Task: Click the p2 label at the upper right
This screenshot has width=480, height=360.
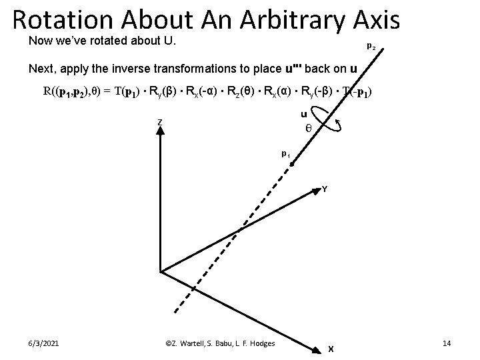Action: click(x=371, y=47)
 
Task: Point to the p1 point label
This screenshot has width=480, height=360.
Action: click(x=285, y=153)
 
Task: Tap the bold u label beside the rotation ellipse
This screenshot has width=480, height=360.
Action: click(x=304, y=114)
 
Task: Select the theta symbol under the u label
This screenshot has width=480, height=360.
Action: click(x=308, y=127)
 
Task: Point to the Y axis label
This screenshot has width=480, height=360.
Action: click(x=324, y=189)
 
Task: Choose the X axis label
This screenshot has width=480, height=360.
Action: click(x=331, y=348)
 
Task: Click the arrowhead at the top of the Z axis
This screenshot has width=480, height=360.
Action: click(x=160, y=131)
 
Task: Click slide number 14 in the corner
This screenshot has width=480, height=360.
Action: click(x=447, y=343)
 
